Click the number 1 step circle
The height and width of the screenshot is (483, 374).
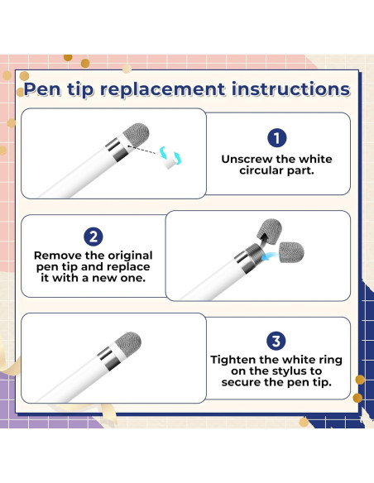pos(276,137)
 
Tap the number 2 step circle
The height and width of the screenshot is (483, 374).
pos(93,237)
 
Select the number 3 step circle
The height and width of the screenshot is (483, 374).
pos(276,341)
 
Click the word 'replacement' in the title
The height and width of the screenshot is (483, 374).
pos(163,89)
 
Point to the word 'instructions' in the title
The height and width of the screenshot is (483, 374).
pos(290,88)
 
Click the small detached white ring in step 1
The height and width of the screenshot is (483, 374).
pos(170,160)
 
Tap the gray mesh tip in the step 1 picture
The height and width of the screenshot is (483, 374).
pos(137,132)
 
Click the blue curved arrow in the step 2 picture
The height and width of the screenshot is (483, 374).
pos(271,256)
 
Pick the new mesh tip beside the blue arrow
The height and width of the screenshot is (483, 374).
pos(291,252)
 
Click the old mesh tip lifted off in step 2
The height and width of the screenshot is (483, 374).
pos(270,231)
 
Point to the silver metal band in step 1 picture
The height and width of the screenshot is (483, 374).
pos(117,150)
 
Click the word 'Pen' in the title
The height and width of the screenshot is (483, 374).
pos(43,89)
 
